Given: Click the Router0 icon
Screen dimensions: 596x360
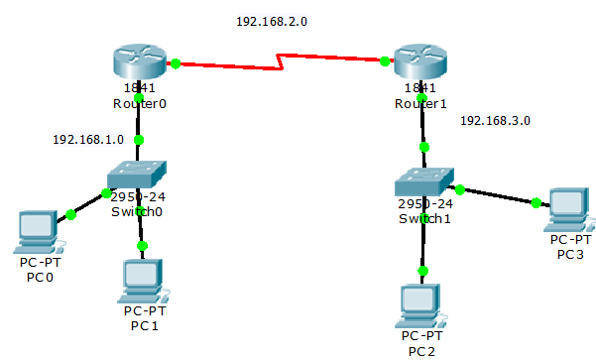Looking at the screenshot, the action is [140, 61].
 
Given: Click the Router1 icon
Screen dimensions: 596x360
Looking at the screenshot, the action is [420, 61].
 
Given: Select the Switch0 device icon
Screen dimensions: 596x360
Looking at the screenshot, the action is [137, 175].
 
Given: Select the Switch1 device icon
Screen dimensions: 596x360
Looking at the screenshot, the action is [424, 181].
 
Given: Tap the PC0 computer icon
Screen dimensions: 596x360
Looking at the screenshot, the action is [38, 232].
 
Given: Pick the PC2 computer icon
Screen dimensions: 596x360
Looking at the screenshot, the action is [420, 306].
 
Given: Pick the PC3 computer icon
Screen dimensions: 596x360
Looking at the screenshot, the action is [569, 209].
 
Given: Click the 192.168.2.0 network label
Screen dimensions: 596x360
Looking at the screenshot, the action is [272, 21].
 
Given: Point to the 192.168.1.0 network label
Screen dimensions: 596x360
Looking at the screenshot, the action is [88, 140].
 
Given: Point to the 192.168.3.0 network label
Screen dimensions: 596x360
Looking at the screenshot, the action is [495, 121].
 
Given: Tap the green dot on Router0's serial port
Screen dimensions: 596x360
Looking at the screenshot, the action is [176, 63].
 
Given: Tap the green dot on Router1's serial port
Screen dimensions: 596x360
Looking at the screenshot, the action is [385, 60].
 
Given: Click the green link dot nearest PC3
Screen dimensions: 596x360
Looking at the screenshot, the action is [536, 203].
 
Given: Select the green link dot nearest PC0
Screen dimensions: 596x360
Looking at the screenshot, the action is [71, 215].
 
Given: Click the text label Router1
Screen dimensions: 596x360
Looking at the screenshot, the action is [420, 104].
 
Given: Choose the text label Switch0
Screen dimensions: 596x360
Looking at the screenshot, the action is [137, 212].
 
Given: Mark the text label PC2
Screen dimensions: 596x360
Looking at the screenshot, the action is [421, 352].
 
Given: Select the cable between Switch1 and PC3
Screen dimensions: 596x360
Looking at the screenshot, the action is [499, 196].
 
